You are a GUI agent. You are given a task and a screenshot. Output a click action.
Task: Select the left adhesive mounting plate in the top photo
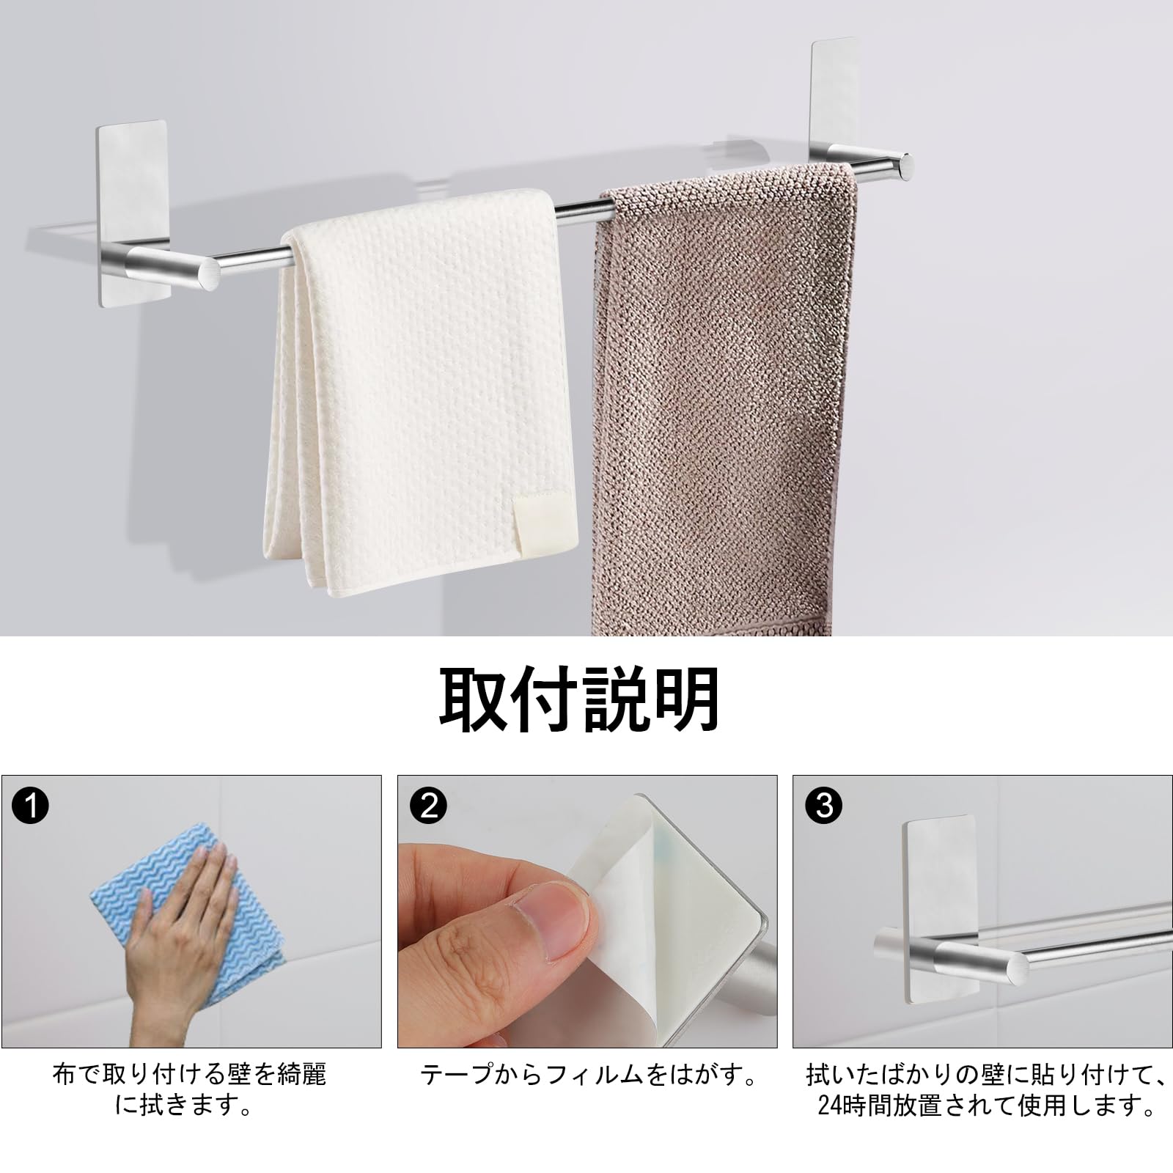(132, 183)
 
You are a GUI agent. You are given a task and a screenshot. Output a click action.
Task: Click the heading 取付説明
(579, 700)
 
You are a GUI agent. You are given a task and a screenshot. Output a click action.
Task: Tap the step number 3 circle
(823, 806)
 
